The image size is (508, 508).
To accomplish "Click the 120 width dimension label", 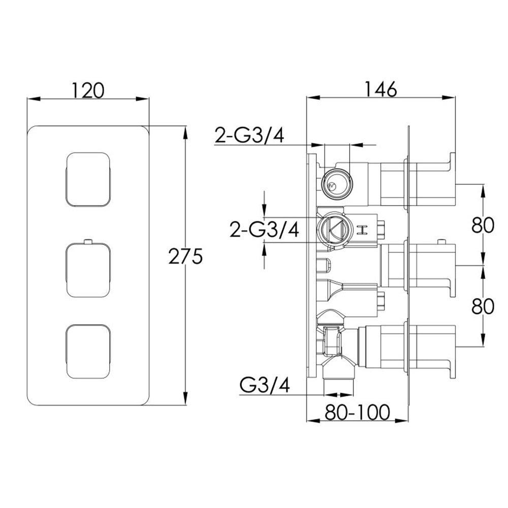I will pos(87,90).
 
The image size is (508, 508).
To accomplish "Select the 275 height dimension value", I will pos(186,257).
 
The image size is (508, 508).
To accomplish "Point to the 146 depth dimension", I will pos(379,89).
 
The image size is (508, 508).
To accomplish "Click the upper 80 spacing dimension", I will pos(482,224).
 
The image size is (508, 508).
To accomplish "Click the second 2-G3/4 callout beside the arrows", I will pos(264,230).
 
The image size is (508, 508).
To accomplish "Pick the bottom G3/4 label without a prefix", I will pos(264,386).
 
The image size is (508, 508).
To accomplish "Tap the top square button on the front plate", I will pos(88,179).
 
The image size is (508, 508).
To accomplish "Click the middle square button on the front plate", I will pos(88,269).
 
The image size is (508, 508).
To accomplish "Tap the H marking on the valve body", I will pos(363,230).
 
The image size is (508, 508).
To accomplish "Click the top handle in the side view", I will pos(432,180).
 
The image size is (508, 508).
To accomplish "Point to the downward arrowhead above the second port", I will pos(264,209).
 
